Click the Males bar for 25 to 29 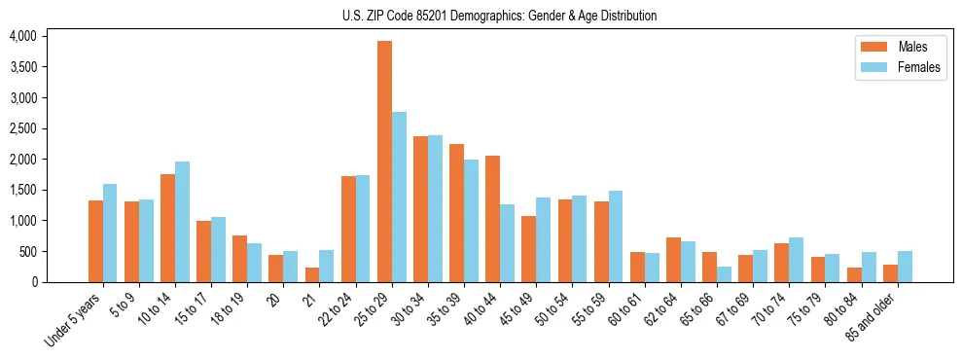pyautogui.click(x=384, y=162)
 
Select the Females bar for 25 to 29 pyautogui.click(x=399, y=198)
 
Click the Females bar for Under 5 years pyautogui.click(x=110, y=234)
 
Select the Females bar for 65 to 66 pyautogui.click(x=725, y=274)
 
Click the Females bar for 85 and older pyautogui.click(x=905, y=267)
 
